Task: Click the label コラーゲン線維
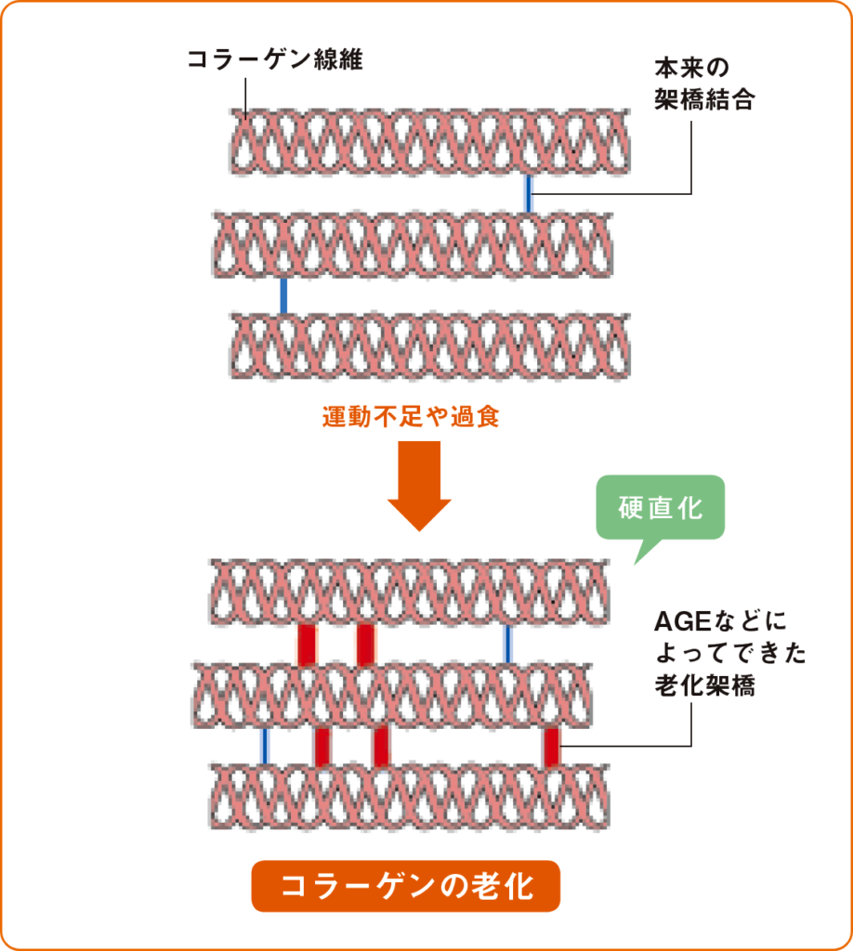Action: tap(274, 61)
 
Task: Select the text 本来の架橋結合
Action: tap(703, 85)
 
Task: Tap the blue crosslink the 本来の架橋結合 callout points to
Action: tap(529, 192)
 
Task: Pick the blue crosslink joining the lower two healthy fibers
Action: tap(283, 295)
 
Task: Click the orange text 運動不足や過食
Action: tap(411, 416)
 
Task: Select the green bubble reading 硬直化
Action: tap(660, 509)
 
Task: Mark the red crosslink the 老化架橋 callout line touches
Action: tap(552, 745)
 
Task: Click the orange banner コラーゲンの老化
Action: tap(406, 886)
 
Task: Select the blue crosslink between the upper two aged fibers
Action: tap(507, 644)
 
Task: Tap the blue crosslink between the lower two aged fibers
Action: tap(265, 745)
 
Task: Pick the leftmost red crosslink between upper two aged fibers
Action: tap(308, 644)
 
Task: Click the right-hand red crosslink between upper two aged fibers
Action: tap(365, 644)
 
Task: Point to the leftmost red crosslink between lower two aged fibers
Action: tap(322, 745)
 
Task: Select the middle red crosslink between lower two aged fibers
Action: tap(380, 745)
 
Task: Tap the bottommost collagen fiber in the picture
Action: tap(409, 797)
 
